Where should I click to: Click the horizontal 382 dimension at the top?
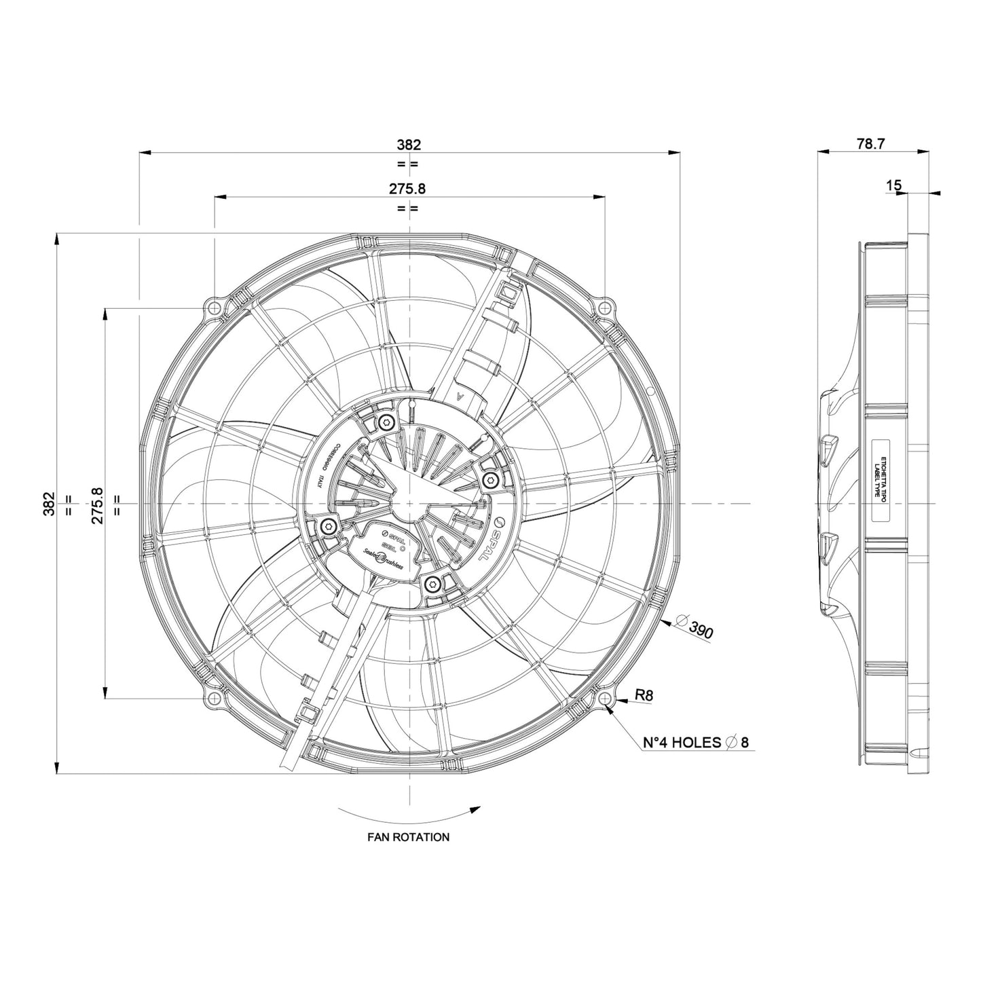point(409,144)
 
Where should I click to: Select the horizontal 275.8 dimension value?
point(409,189)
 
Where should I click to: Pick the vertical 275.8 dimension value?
point(97,504)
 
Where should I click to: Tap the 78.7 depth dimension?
point(870,144)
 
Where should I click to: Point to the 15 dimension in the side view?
point(894,185)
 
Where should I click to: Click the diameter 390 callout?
point(696,628)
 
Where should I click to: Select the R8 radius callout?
point(644,695)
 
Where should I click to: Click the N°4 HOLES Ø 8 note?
point(695,742)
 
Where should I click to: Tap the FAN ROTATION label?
point(408,837)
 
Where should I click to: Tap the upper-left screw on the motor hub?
point(386,423)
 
